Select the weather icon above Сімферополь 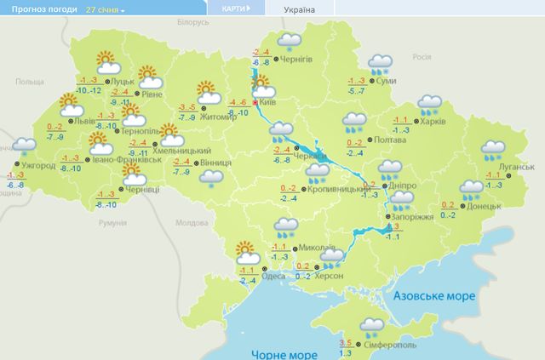(370, 326)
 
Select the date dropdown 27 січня (105, 9)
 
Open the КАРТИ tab (234, 9)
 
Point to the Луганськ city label (513, 168)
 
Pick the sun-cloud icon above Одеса (248, 252)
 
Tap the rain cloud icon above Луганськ (493, 151)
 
